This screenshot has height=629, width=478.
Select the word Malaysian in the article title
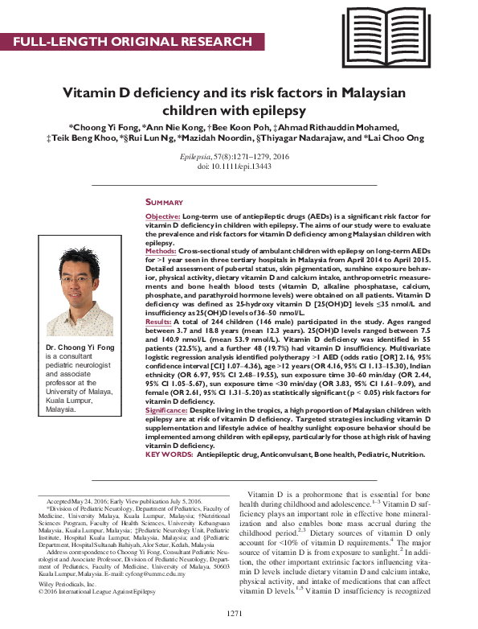(373, 92)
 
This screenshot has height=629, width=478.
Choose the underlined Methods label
(161, 251)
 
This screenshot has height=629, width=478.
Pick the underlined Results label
(158, 321)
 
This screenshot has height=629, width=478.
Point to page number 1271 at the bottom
(235, 614)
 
